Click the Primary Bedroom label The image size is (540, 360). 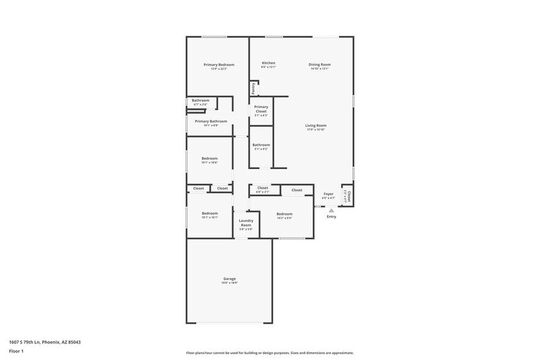click(x=219, y=64)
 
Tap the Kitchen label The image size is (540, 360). click(x=268, y=63)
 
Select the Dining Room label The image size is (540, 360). click(x=319, y=64)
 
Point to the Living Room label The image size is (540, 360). click(x=316, y=126)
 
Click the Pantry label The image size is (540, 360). click(x=253, y=88)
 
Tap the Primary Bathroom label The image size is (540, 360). click(x=211, y=121)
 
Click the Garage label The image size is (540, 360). click(x=229, y=279)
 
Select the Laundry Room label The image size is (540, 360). click(x=246, y=223)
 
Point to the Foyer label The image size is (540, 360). click(x=328, y=194)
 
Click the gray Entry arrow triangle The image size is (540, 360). click(x=331, y=210)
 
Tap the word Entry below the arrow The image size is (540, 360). click(x=331, y=217)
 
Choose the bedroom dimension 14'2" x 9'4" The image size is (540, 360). click(x=284, y=218)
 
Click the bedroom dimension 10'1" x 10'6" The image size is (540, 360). click(x=209, y=163)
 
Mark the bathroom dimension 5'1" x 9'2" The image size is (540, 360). click(x=261, y=149)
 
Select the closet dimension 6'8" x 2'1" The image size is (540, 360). click(x=262, y=192)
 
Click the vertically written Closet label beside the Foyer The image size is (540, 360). click(x=349, y=196)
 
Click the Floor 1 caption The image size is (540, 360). click(x=16, y=351)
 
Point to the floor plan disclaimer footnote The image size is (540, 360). click(x=269, y=353)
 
